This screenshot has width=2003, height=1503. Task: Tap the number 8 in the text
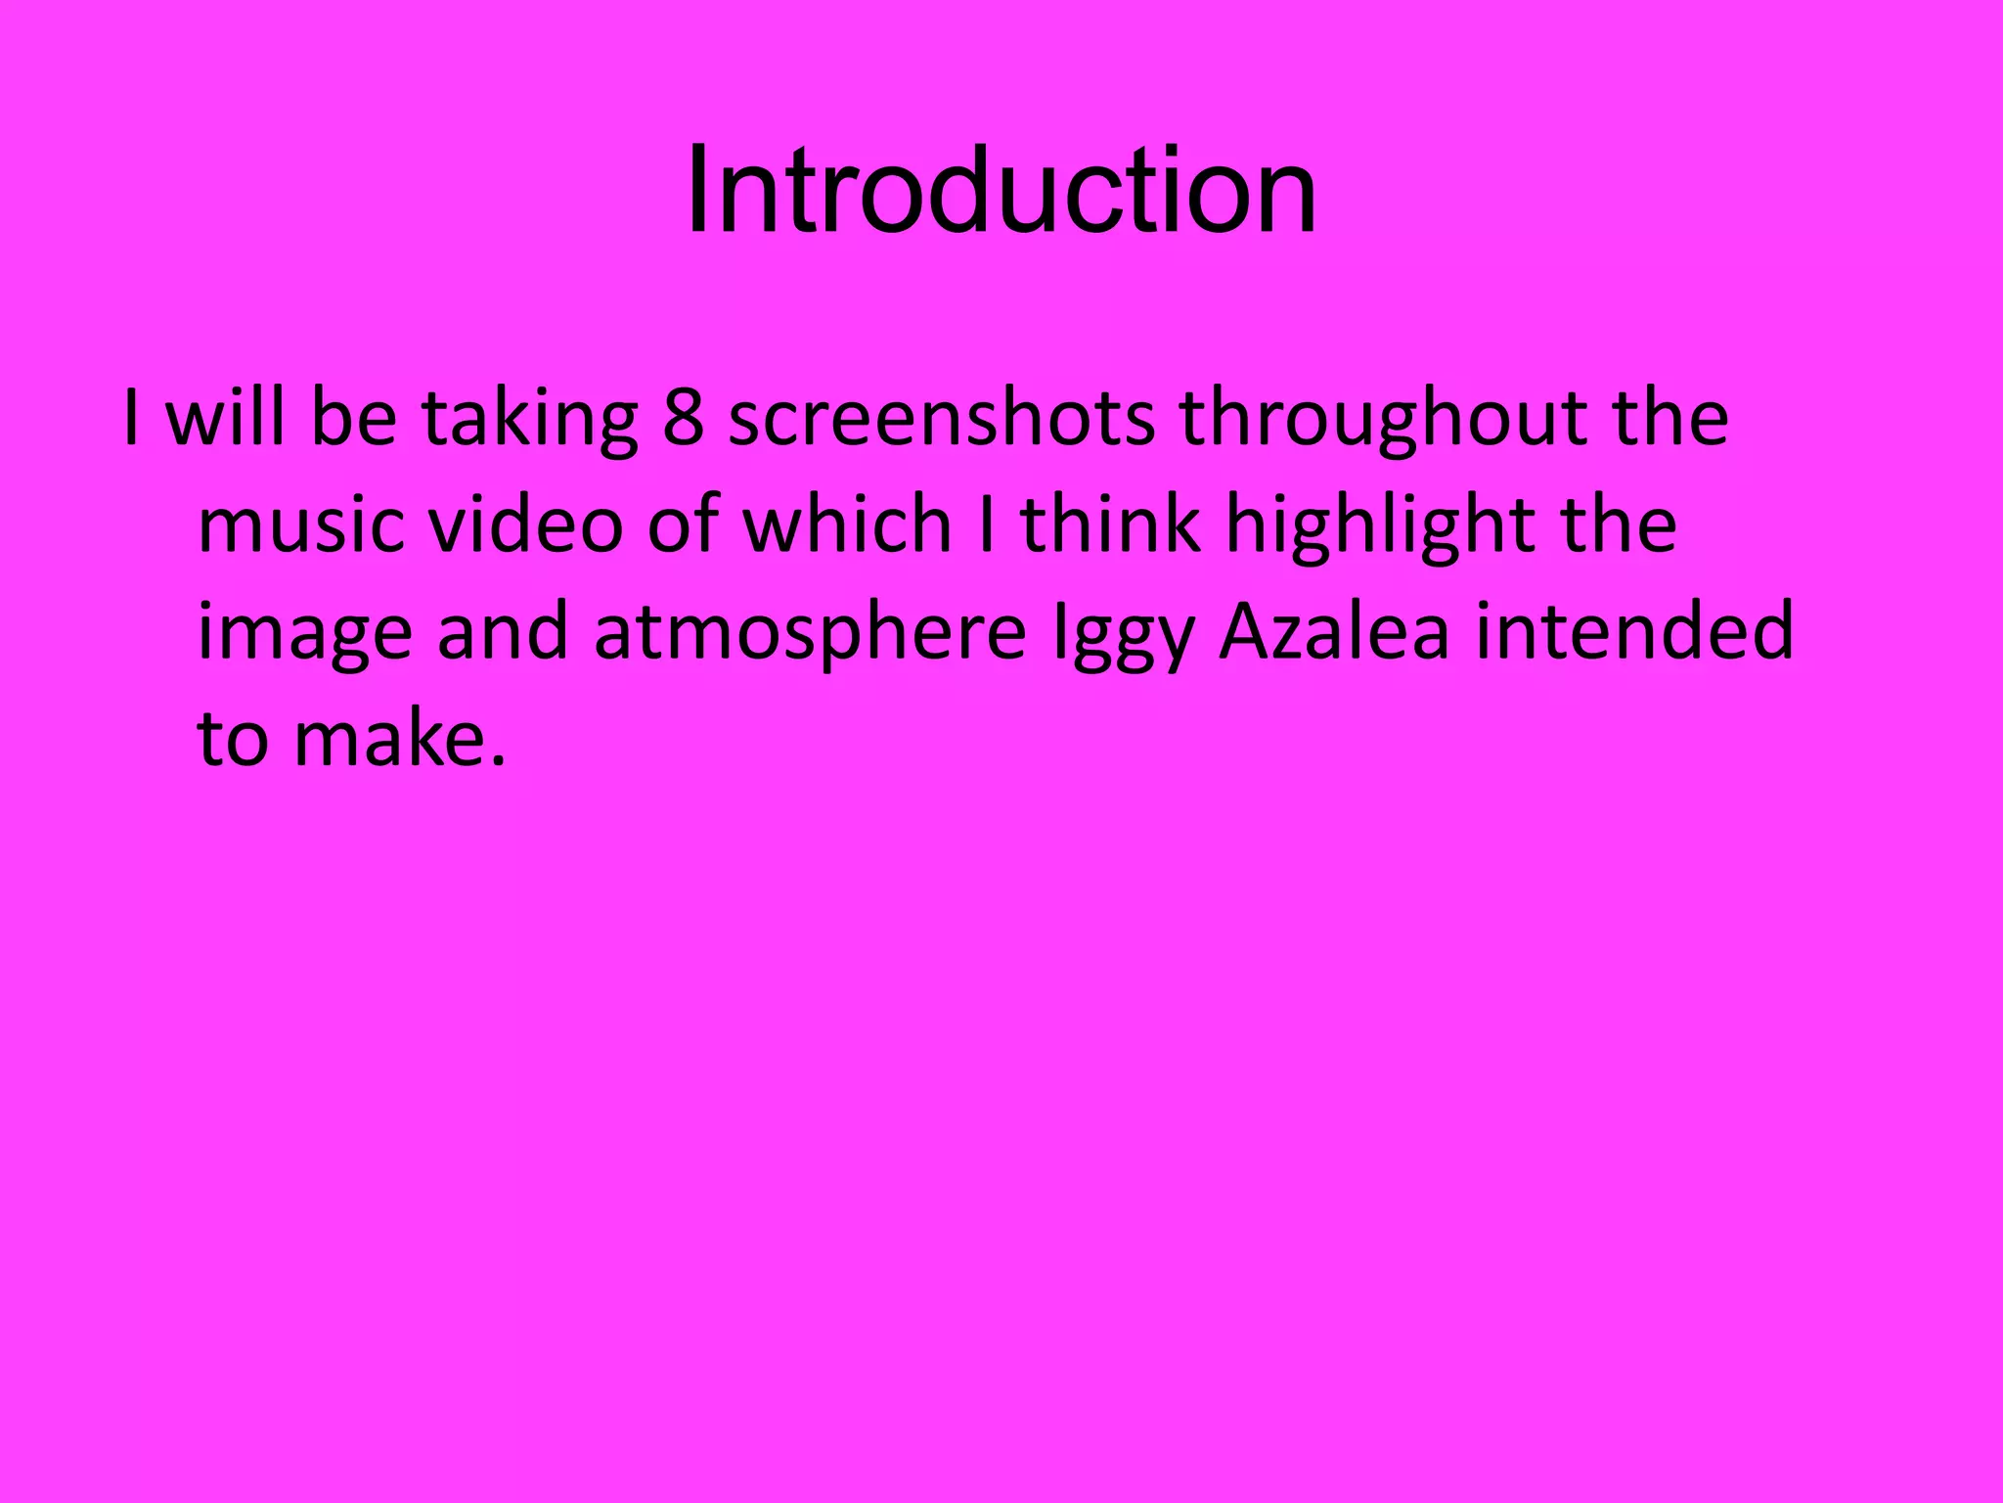click(683, 419)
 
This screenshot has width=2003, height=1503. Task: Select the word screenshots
click(941, 419)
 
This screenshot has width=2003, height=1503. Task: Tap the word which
click(847, 524)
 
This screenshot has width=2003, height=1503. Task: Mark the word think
click(1111, 524)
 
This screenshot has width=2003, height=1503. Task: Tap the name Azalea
click(1334, 631)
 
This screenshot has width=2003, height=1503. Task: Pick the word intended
click(1634, 631)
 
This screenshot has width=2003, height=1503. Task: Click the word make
click(388, 738)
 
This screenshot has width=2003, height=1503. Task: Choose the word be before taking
click(354, 419)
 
